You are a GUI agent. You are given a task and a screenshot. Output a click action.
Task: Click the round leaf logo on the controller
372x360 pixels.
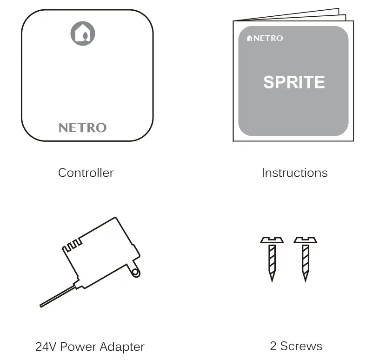click(x=83, y=33)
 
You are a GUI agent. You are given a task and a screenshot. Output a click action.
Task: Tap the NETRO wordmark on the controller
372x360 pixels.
click(x=82, y=128)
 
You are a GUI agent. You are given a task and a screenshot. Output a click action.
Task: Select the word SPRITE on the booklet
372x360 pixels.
click(x=294, y=82)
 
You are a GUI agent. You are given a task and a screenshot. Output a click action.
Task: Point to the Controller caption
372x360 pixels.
click(x=86, y=173)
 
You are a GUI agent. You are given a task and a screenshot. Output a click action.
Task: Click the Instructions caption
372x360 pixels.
click(x=294, y=173)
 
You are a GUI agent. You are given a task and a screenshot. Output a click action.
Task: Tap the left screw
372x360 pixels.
click(x=272, y=259)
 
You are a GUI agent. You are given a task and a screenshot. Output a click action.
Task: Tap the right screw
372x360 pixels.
click(x=306, y=259)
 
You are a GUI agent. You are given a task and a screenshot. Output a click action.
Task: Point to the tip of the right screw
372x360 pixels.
click(x=306, y=279)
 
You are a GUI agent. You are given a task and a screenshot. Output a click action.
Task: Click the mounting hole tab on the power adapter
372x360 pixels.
click(x=135, y=272)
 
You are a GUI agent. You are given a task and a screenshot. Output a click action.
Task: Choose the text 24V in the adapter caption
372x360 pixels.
click(x=46, y=347)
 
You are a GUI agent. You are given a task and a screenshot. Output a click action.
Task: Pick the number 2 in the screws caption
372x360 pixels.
click(x=273, y=346)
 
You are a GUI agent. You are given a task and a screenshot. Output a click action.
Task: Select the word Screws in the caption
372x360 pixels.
click(x=301, y=346)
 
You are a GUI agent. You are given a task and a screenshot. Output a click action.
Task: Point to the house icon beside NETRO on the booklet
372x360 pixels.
click(x=250, y=38)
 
